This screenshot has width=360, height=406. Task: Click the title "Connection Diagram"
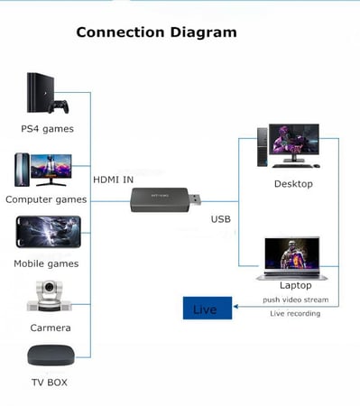click(156, 32)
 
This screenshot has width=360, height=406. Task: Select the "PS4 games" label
click(47, 128)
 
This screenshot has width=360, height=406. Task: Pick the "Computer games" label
click(46, 198)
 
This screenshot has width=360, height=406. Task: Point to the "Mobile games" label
click(46, 263)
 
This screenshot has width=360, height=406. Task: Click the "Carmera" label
click(49, 328)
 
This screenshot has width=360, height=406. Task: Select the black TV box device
click(49, 355)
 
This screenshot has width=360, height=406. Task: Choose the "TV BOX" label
click(49, 383)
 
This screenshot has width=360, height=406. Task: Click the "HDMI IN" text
click(114, 179)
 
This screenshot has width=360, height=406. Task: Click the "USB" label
click(221, 219)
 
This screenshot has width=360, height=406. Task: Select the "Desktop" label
click(293, 184)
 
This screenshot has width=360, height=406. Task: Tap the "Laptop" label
click(295, 285)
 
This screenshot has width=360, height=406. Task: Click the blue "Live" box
click(206, 309)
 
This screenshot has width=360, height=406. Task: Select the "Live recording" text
click(295, 313)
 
